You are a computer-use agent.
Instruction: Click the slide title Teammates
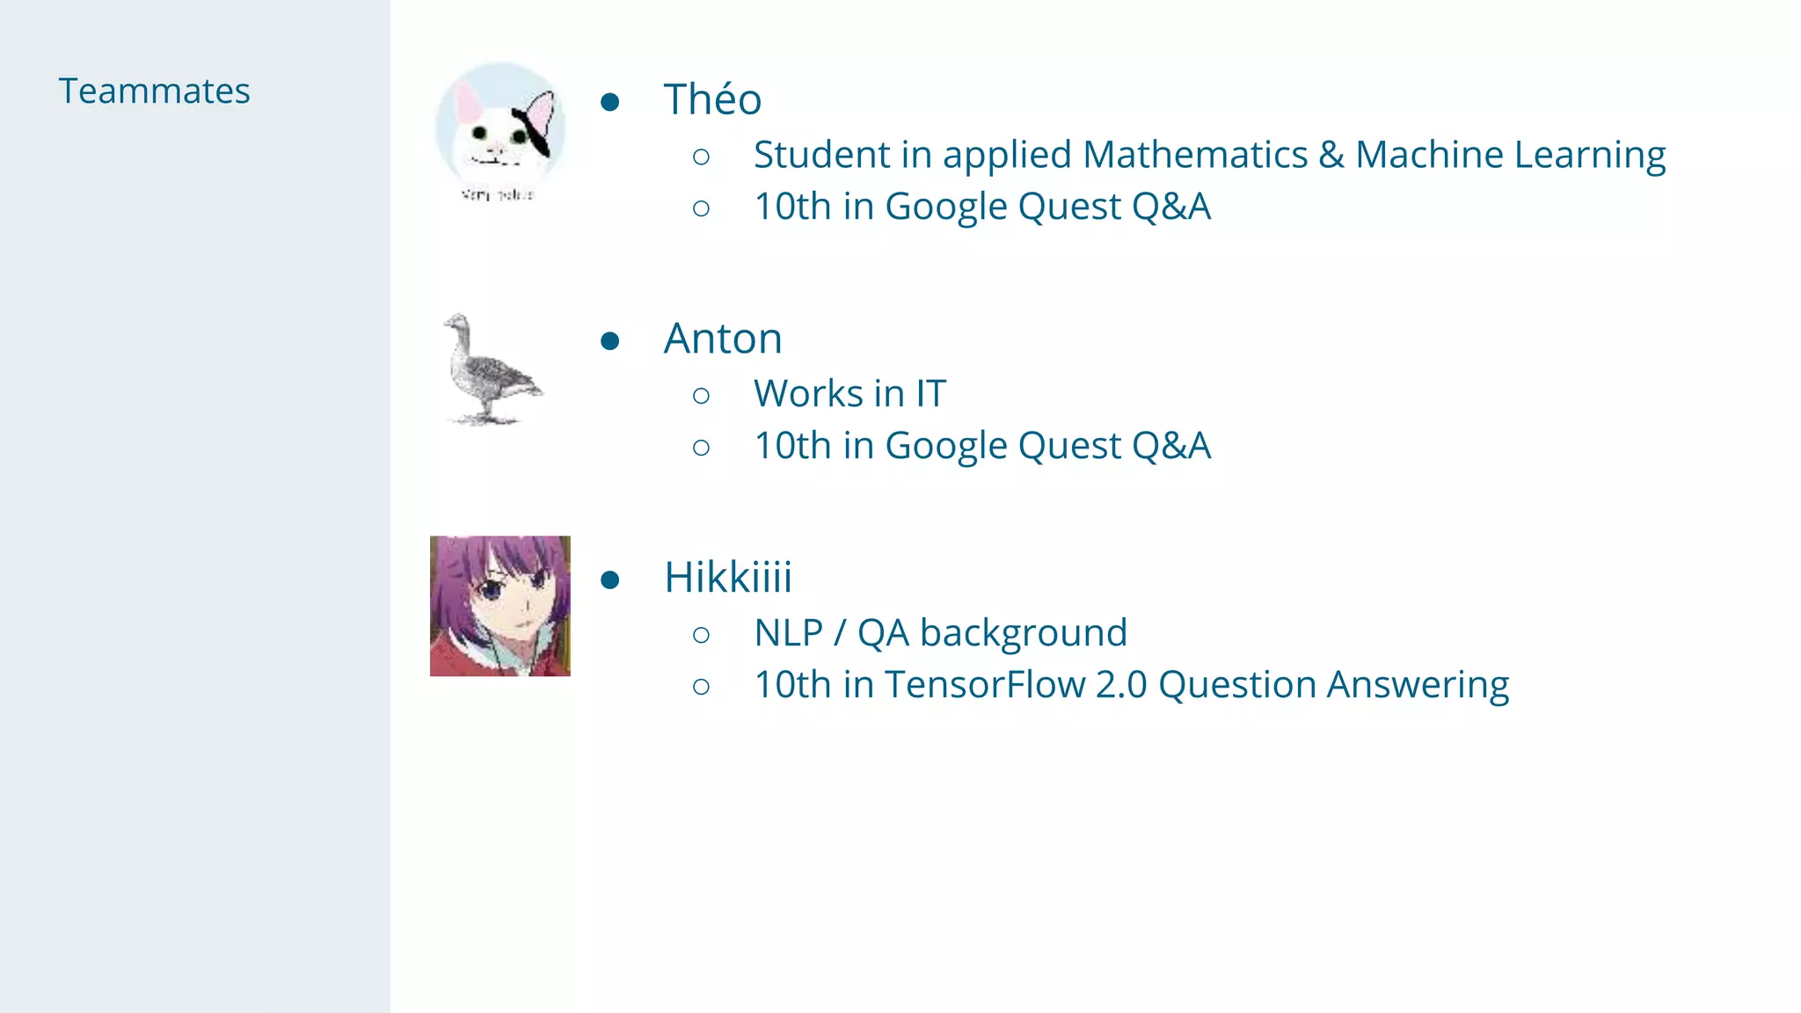(x=154, y=91)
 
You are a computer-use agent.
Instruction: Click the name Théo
(x=712, y=99)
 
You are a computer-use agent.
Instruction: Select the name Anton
(x=723, y=339)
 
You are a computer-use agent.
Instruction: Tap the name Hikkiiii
(x=728, y=578)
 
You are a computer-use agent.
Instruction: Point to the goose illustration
(x=491, y=370)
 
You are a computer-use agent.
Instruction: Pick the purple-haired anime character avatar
(x=499, y=606)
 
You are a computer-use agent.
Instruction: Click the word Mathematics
(x=1195, y=155)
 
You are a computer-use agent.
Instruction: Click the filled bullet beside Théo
(x=610, y=102)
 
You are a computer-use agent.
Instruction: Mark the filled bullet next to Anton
(x=610, y=341)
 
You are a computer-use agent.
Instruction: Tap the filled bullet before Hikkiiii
(x=610, y=580)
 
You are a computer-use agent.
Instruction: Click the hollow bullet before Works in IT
(x=701, y=396)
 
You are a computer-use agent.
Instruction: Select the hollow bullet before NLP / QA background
(x=701, y=635)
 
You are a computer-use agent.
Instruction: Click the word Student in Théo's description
(x=821, y=155)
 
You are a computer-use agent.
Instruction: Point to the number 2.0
(x=1121, y=685)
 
